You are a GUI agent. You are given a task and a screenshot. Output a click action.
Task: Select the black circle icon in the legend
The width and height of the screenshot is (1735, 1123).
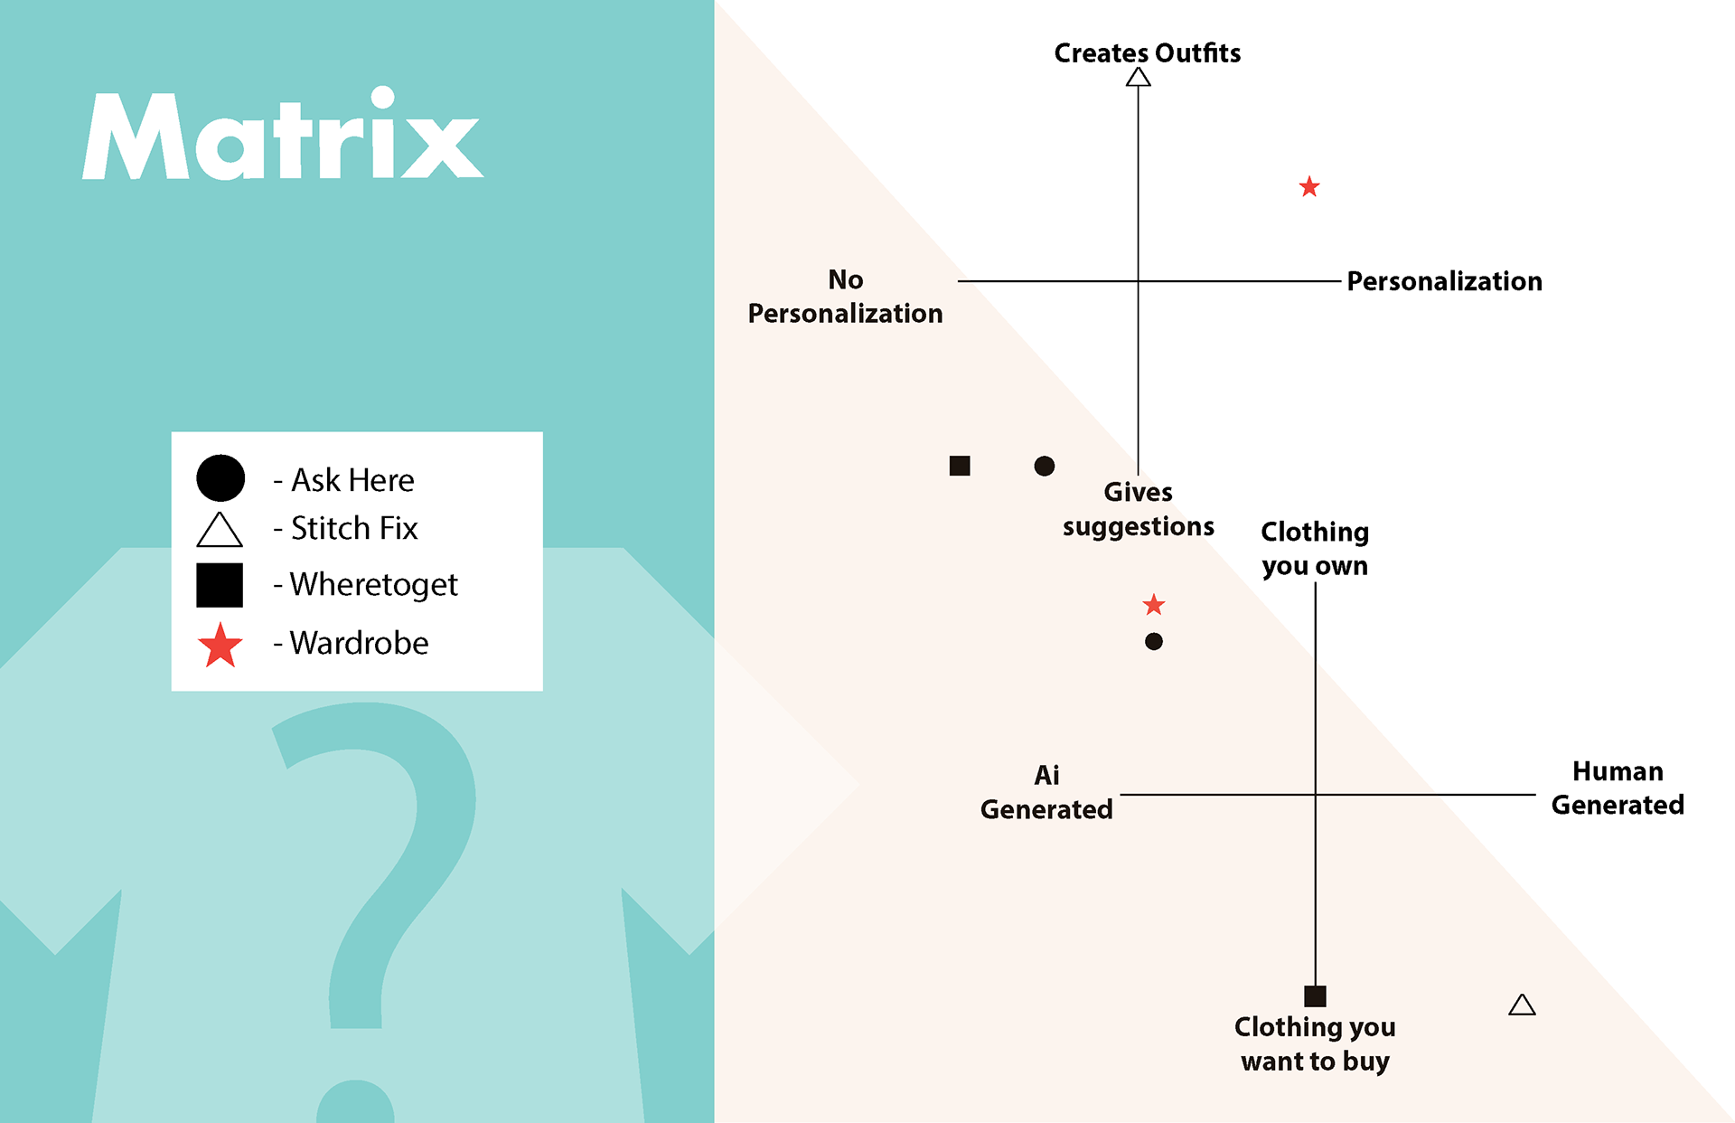coord(220,477)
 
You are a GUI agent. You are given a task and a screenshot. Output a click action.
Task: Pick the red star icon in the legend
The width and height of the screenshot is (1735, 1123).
coord(220,645)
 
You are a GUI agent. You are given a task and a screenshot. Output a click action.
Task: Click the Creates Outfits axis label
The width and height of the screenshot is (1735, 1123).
coord(1148,53)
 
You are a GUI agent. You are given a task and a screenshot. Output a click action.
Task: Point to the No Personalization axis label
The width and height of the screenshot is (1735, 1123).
coord(845,297)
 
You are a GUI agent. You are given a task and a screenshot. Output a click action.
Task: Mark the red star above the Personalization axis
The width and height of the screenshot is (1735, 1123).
coord(1309,187)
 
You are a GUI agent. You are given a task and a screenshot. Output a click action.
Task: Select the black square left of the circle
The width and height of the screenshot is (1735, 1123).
coord(960,466)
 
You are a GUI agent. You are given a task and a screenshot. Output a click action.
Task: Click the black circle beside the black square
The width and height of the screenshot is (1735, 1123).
coord(1044,466)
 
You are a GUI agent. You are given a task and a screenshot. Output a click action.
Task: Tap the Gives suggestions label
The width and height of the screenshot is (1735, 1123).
coord(1139,509)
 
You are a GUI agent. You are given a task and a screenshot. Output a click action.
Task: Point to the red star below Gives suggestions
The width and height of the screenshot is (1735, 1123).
coord(1154,605)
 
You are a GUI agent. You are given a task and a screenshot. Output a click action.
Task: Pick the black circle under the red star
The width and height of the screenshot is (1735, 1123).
coord(1154,641)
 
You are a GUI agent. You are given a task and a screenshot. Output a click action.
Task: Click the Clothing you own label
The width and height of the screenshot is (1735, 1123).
coord(1315,548)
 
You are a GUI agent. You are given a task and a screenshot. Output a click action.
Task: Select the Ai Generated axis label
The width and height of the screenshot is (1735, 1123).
coord(1046,792)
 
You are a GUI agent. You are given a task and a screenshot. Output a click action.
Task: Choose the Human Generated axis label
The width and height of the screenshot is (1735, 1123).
coord(1618,788)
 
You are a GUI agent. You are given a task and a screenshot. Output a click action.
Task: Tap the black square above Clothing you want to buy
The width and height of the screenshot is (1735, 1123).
coord(1315,996)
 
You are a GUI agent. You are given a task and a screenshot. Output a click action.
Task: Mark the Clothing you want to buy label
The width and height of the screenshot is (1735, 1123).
coord(1315,1043)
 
